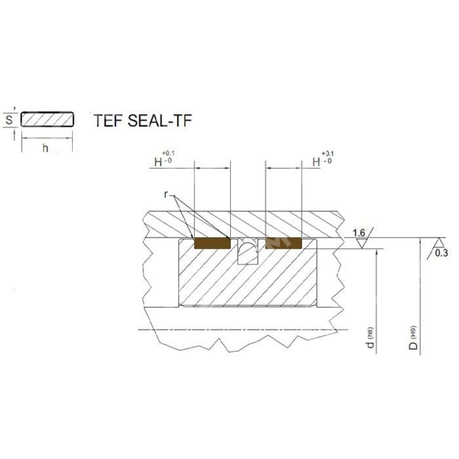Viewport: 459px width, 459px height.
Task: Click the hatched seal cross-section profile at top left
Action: pos(47,119)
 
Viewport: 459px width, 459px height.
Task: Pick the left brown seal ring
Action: pos(212,243)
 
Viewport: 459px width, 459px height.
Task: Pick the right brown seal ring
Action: pos(283,243)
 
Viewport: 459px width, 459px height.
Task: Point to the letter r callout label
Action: pos(166,194)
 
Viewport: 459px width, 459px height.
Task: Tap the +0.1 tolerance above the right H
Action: pos(328,153)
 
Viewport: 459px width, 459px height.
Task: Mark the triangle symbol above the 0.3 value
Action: pos(440,242)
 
